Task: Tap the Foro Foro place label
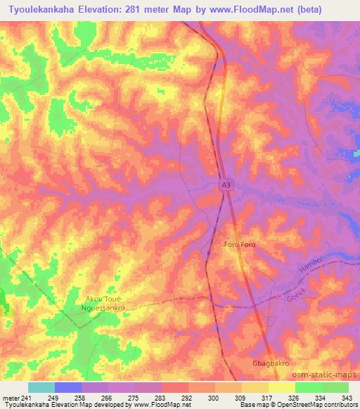coord(240,245)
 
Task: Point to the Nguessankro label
coord(105,308)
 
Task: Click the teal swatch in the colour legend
coord(41,387)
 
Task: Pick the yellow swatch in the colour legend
coord(281,387)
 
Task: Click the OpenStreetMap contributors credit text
coord(321,405)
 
